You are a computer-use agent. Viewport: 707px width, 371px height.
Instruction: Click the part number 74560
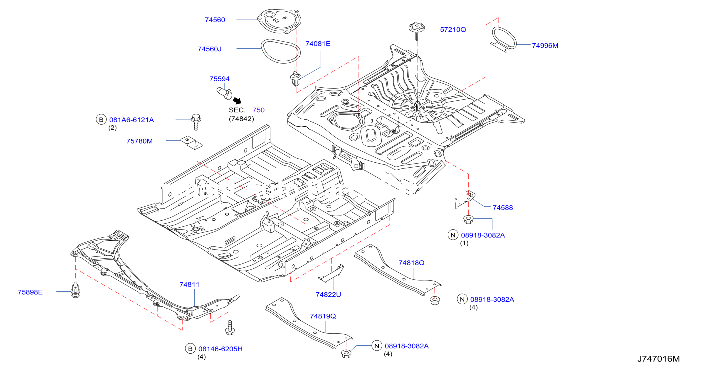point(215,20)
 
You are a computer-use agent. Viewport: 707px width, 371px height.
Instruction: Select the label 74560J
point(209,49)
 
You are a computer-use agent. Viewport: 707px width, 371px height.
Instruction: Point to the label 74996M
point(545,45)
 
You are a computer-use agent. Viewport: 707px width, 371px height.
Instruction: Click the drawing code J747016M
point(658,359)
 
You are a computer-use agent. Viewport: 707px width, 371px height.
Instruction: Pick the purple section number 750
point(258,110)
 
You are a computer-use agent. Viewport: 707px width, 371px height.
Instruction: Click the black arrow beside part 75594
point(237,100)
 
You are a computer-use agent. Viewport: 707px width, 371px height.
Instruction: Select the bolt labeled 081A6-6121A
point(196,122)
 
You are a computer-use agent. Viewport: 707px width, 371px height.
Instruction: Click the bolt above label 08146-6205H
point(230,328)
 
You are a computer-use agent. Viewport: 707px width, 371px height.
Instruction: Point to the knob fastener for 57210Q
point(416,30)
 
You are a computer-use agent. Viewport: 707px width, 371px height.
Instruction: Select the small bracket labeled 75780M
point(191,143)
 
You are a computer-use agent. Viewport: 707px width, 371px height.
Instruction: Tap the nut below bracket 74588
point(468,219)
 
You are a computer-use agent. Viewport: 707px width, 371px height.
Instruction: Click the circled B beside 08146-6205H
point(190,349)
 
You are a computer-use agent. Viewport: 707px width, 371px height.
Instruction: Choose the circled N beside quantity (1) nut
point(453,235)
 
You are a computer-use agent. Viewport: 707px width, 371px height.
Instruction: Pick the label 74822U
point(328,294)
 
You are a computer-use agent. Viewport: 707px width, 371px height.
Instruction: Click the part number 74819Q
point(323,316)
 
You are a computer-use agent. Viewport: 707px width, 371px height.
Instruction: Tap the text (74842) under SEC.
point(241,119)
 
